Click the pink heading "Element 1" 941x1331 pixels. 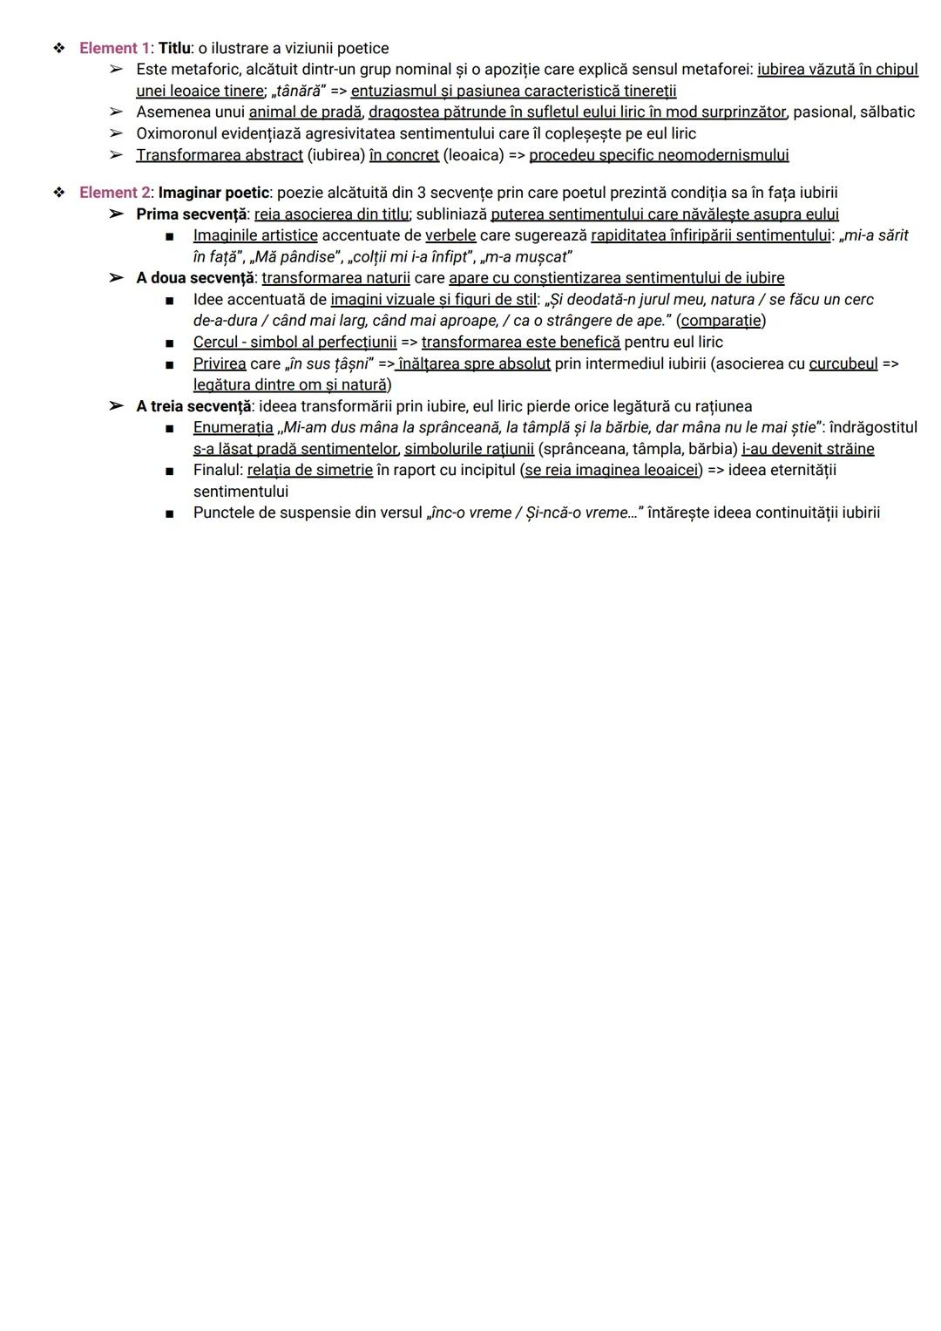click(x=114, y=48)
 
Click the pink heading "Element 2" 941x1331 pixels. click(x=114, y=193)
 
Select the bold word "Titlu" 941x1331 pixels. click(x=173, y=48)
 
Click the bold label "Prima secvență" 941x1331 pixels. click(x=191, y=214)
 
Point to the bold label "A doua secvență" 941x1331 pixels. click(x=195, y=278)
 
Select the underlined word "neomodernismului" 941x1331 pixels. click(x=723, y=155)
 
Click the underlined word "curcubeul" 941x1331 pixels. click(x=843, y=363)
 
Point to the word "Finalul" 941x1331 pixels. click(x=216, y=471)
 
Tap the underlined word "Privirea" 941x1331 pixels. click(x=220, y=363)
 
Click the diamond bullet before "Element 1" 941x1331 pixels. click(x=59, y=48)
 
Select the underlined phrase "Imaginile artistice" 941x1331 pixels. click(x=255, y=235)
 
